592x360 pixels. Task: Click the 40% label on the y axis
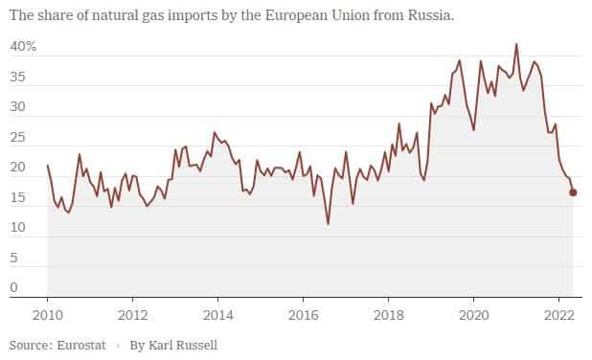23,46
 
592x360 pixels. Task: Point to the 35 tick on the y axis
18,82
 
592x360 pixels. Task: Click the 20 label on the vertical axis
18,167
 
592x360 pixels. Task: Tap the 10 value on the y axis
18,227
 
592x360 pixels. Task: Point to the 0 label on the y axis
14,286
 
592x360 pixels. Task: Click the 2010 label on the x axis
48,314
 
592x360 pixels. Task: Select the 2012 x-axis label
132,314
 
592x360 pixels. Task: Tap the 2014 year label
217,314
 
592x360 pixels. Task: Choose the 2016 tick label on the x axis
303,314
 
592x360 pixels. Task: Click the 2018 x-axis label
388,314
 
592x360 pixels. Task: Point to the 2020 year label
473,314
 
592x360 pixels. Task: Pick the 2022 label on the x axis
558,314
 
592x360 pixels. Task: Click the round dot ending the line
573,192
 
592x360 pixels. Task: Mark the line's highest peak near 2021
516,44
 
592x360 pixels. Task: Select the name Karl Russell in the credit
186,343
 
